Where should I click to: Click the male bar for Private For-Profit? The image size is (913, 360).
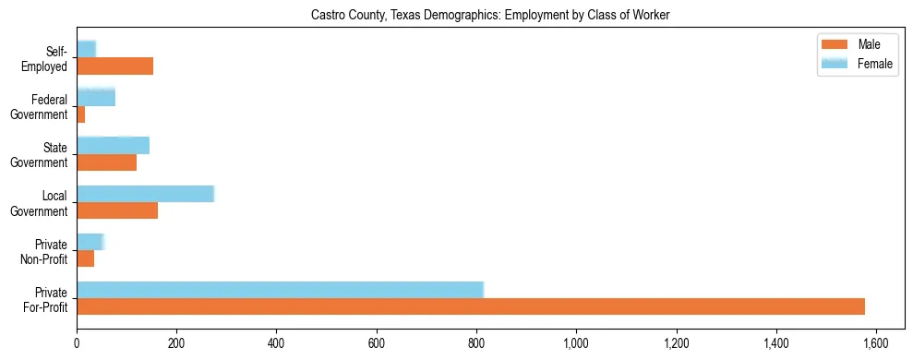click(471, 306)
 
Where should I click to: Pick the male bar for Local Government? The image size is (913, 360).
click(117, 210)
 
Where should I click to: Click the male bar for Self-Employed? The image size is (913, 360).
click(114, 66)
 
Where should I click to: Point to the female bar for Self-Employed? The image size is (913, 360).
click(86, 49)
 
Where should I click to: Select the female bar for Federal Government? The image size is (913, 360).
click(96, 97)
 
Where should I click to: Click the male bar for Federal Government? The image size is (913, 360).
click(81, 114)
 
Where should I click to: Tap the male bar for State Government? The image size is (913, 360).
click(106, 162)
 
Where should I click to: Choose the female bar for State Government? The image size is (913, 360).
click(113, 145)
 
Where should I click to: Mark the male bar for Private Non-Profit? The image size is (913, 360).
click(86, 258)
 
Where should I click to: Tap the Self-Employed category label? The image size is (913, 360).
click(49, 58)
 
